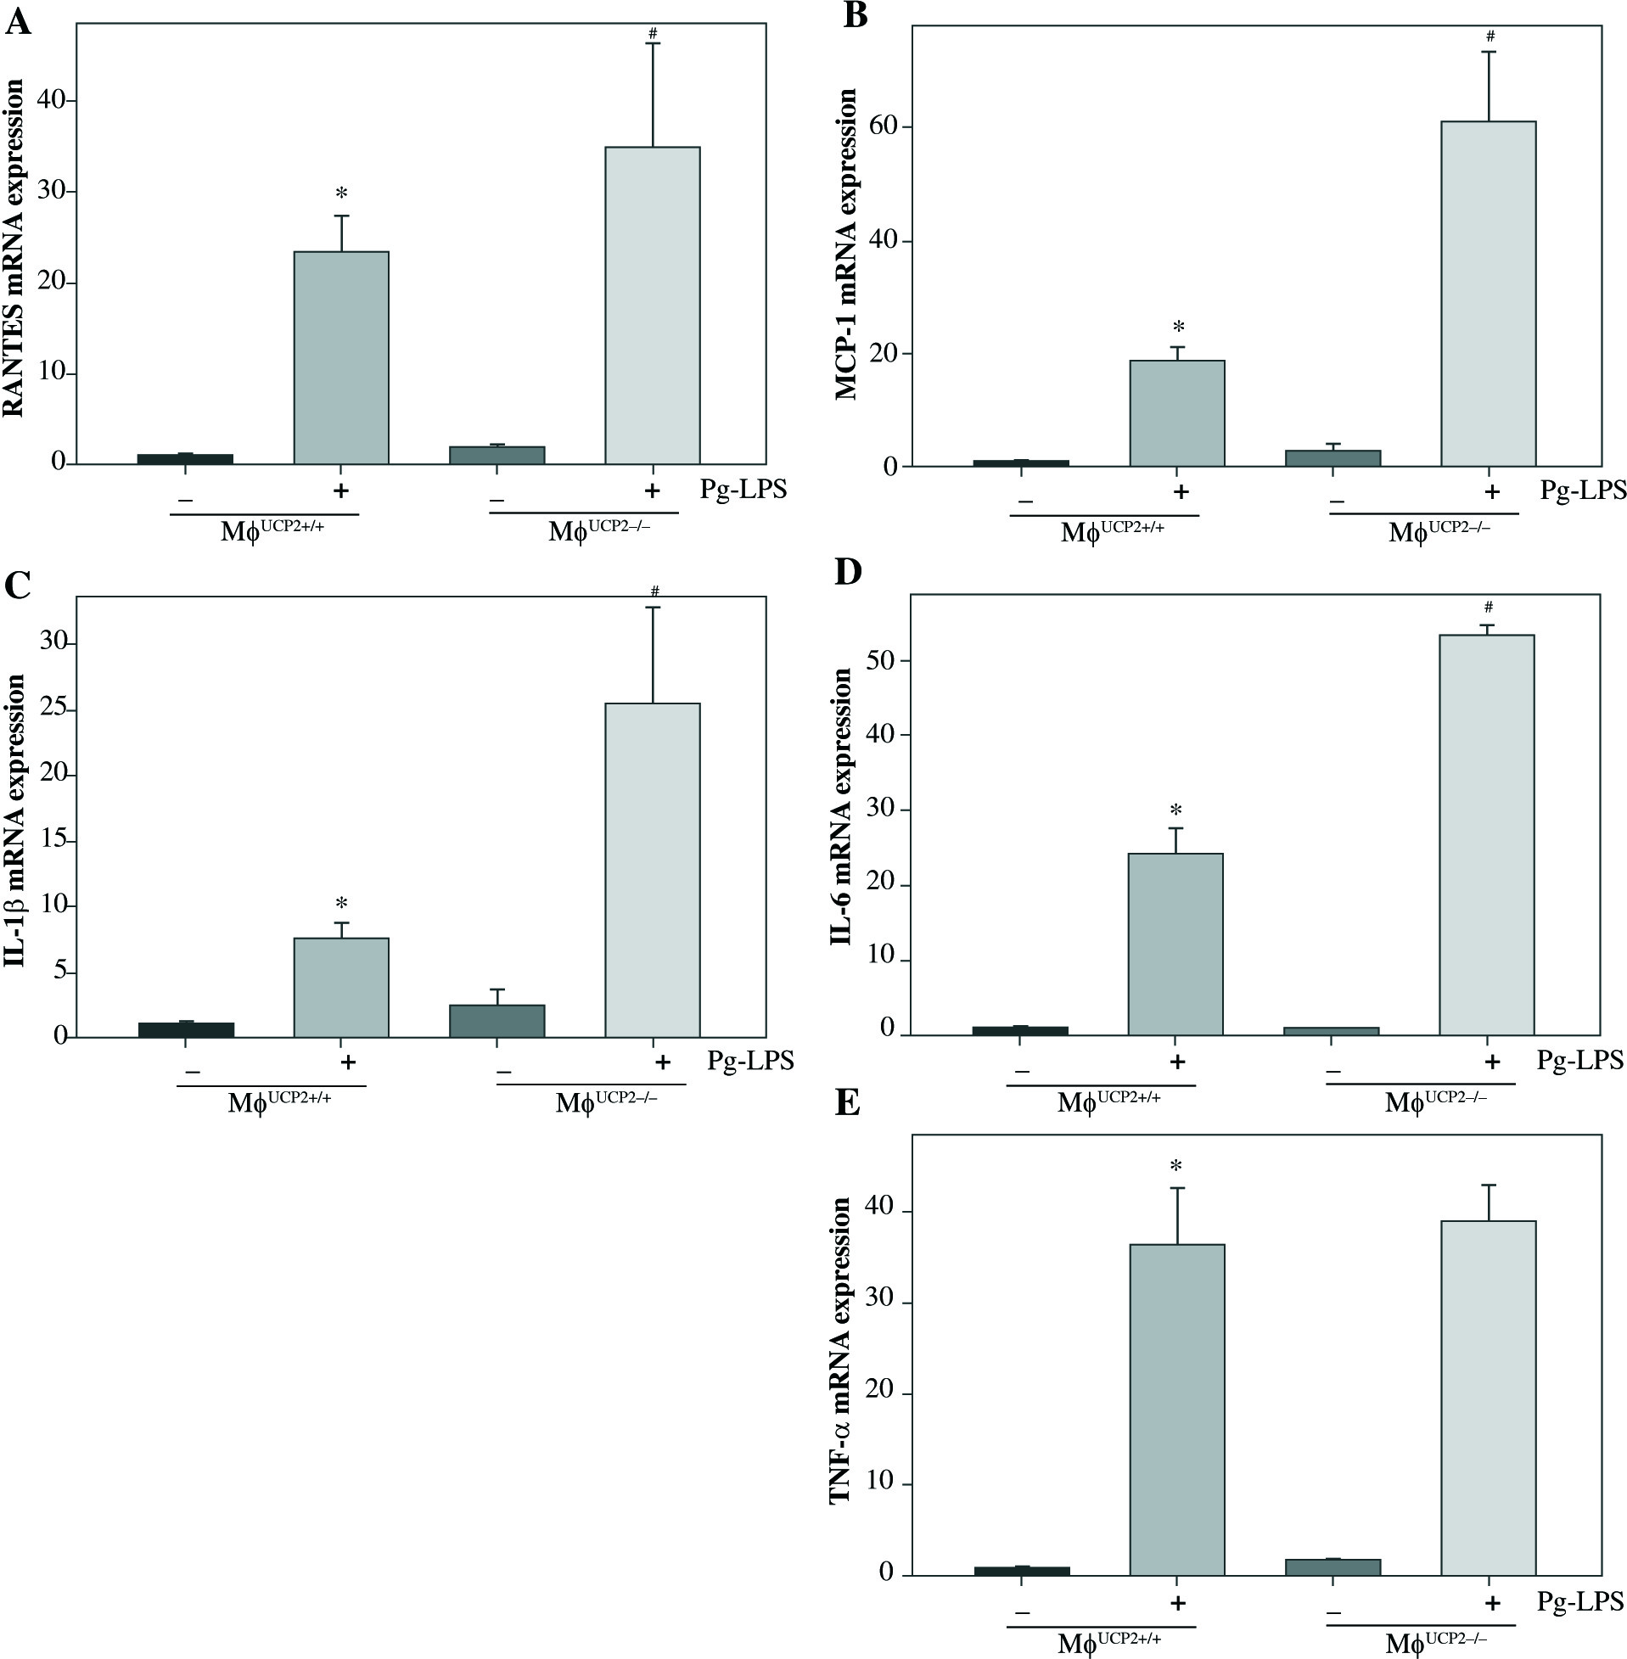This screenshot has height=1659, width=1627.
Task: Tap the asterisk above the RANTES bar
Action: pyautogui.click(x=342, y=193)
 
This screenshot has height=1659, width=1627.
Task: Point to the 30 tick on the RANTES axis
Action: pyautogui.click(x=52, y=191)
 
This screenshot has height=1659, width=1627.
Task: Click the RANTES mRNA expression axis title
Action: pyautogui.click(x=14, y=249)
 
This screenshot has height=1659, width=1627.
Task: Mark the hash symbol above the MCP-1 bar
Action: pyautogui.click(x=1490, y=36)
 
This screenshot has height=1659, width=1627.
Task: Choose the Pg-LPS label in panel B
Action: pyautogui.click(x=1583, y=491)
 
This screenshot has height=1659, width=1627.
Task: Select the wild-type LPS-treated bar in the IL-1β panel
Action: pyautogui.click(x=341, y=988)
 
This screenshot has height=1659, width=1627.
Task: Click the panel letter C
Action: pyautogui.click(x=18, y=586)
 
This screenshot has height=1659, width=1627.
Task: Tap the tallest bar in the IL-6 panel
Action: pyautogui.click(x=1487, y=835)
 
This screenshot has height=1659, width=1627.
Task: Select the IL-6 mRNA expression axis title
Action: pyautogui.click(x=842, y=806)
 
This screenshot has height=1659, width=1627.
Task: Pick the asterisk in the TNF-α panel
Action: pyautogui.click(x=1177, y=1166)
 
